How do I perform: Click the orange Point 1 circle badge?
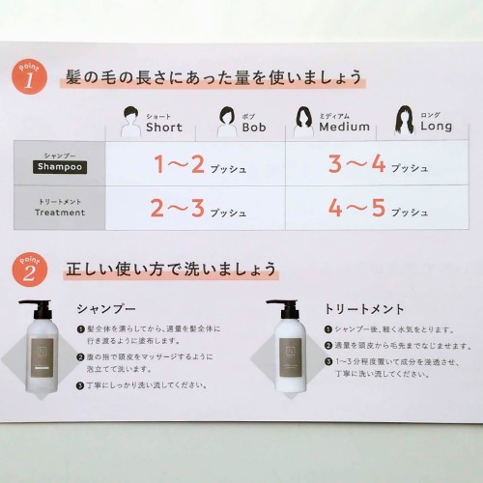click(x=29, y=77)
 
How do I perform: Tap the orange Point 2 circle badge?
click(x=30, y=270)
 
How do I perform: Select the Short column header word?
click(x=164, y=128)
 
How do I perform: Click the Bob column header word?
click(x=254, y=128)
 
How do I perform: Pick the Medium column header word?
click(x=344, y=127)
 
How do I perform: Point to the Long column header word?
click(x=437, y=126)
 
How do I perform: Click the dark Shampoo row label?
click(x=60, y=167)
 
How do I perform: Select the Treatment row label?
click(x=60, y=213)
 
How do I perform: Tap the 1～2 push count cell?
click(x=195, y=163)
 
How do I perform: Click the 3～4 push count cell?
click(x=377, y=163)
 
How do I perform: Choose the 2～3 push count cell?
click(x=195, y=208)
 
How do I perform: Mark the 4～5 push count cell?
click(x=377, y=208)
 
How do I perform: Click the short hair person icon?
click(x=130, y=122)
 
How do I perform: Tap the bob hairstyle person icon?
click(x=227, y=122)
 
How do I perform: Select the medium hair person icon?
click(x=303, y=121)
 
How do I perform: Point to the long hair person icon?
click(x=405, y=120)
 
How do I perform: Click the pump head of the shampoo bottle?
click(x=35, y=309)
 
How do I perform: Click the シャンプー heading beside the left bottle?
click(x=106, y=309)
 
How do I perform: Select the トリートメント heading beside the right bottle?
click(x=364, y=309)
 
